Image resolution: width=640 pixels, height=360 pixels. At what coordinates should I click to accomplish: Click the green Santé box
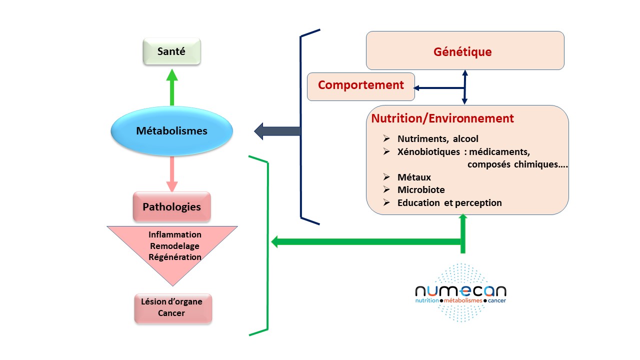coord(171,52)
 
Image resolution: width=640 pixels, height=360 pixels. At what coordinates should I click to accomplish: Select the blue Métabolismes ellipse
coord(171,131)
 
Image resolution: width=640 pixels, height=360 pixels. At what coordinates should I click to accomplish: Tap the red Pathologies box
coord(171,206)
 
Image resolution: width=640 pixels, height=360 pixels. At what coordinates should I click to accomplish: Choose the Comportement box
coord(360,85)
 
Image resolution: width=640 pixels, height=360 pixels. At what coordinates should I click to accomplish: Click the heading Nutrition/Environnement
coord(442,118)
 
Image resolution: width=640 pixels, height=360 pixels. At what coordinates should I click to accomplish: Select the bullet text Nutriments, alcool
coord(438,139)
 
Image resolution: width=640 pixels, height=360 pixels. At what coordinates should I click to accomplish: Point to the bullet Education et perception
coord(449,203)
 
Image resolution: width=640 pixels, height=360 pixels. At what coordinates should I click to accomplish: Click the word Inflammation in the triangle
coord(175,234)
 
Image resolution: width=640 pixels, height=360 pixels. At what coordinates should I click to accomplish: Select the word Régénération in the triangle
coord(175,257)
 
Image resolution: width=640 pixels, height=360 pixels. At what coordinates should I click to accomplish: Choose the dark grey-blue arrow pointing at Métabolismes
coord(277,131)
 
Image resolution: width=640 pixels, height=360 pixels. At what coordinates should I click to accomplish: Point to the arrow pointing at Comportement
coord(435,88)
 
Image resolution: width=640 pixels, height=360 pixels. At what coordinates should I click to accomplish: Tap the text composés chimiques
coord(517,164)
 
